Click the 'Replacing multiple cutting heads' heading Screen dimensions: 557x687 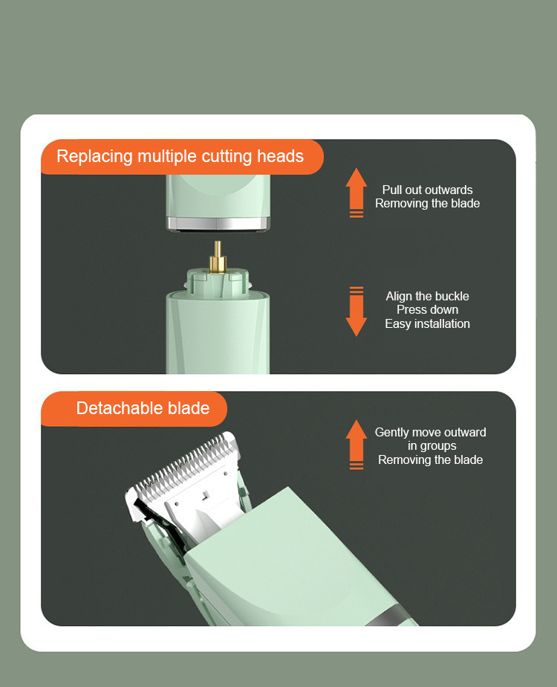click(x=180, y=156)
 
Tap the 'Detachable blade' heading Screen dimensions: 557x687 click(x=143, y=408)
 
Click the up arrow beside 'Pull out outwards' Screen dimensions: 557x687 click(x=356, y=193)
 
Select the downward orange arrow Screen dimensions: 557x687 click(x=356, y=312)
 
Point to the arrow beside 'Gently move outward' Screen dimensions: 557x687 click(x=356, y=445)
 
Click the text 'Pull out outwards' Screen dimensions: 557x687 click(x=428, y=190)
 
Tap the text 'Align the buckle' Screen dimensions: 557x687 click(x=428, y=296)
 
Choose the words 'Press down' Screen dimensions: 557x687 click(x=428, y=310)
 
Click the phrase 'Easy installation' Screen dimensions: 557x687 click(x=428, y=323)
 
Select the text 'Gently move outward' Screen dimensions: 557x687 click(x=431, y=432)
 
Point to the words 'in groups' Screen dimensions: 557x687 click(x=432, y=446)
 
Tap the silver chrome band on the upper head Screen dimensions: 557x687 click(x=218, y=224)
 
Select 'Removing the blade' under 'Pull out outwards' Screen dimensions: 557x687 click(x=428, y=203)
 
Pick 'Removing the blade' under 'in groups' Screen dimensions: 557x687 click(x=431, y=459)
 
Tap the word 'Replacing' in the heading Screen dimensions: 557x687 click(x=94, y=157)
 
